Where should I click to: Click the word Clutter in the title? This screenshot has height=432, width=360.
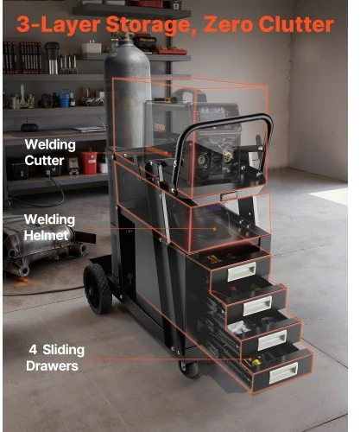pyautogui.click(x=296, y=24)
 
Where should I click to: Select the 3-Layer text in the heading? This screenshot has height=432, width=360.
pyautogui.click(x=59, y=25)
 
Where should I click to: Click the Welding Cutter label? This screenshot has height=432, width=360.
pyautogui.click(x=50, y=153)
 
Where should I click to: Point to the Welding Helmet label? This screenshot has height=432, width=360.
pyautogui.click(x=49, y=227)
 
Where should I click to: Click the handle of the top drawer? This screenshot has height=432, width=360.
pyautogui.click(x=242, y=271)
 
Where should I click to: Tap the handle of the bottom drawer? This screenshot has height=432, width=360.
pyautogui.click(x=283, y=373)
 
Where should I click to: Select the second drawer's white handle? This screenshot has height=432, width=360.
pyautogui.click(x=257, y=306)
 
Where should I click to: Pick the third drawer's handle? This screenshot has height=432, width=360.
pyautogui.click(x=272, y=340)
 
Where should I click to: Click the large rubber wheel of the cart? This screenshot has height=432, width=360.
pyautogui.click(x=97, y=289)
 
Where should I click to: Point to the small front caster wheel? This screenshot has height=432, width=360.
pyautogui.click(x=189, y=368)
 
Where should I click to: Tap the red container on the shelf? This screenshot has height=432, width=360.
pyautogui.click(x=88, y=162)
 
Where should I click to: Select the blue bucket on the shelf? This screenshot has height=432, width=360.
pyautogui.click(x=64, y=98)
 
